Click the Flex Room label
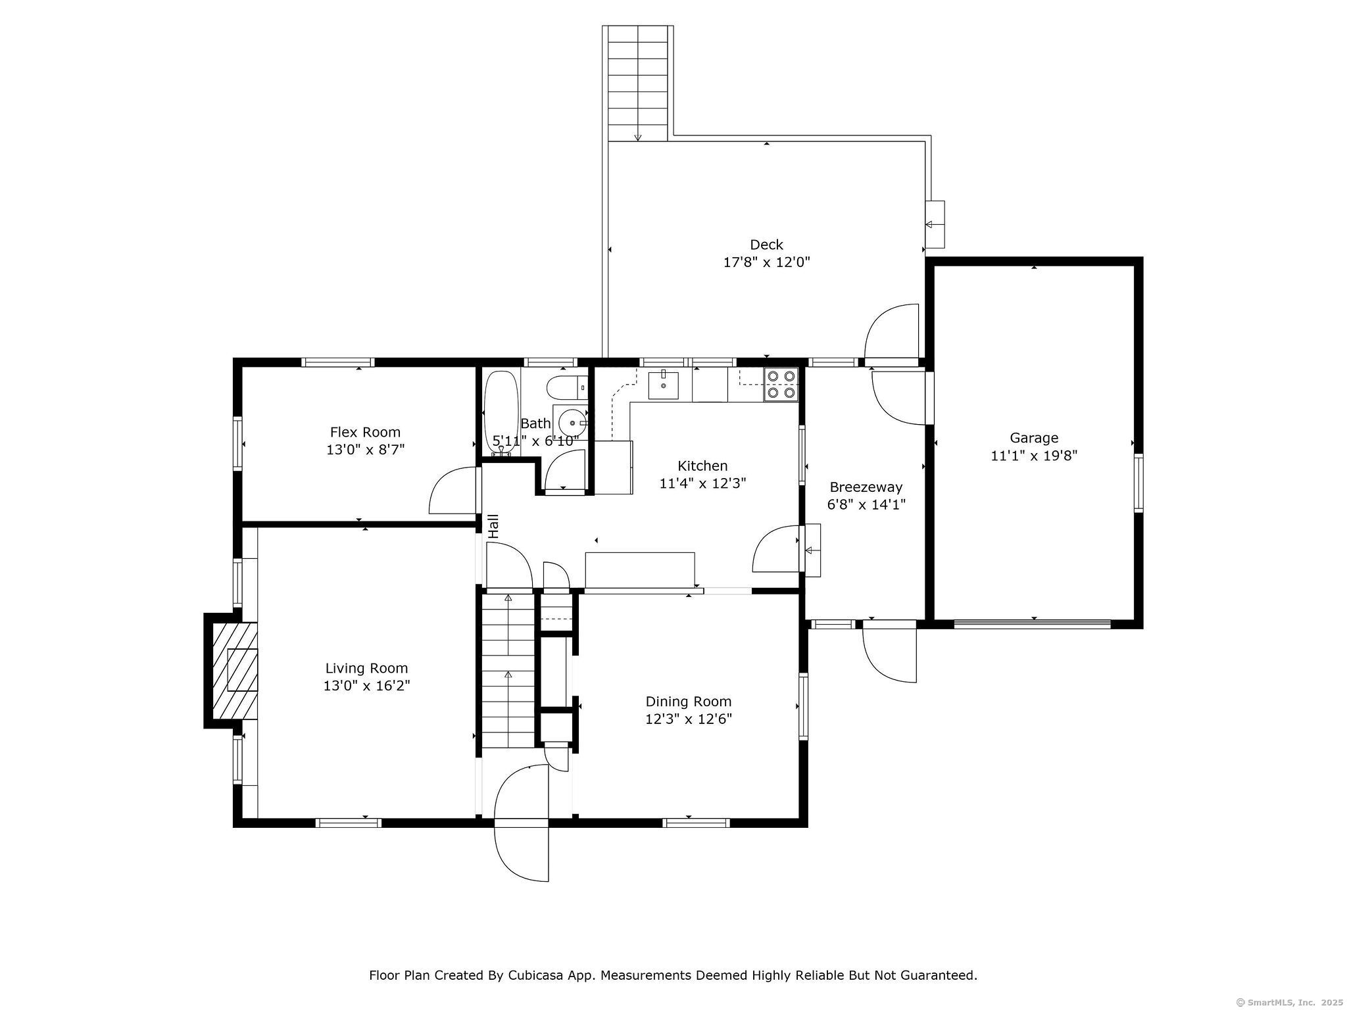365,432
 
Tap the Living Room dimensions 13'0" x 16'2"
367,686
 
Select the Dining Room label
689,702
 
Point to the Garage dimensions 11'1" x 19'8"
1034,455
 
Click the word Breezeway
866,487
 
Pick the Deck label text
766,245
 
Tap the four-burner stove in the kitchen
781,385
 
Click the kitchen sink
664,385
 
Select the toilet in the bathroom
568,387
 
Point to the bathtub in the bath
501,413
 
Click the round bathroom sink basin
573,423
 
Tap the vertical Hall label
493,526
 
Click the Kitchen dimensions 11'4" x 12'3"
702,483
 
